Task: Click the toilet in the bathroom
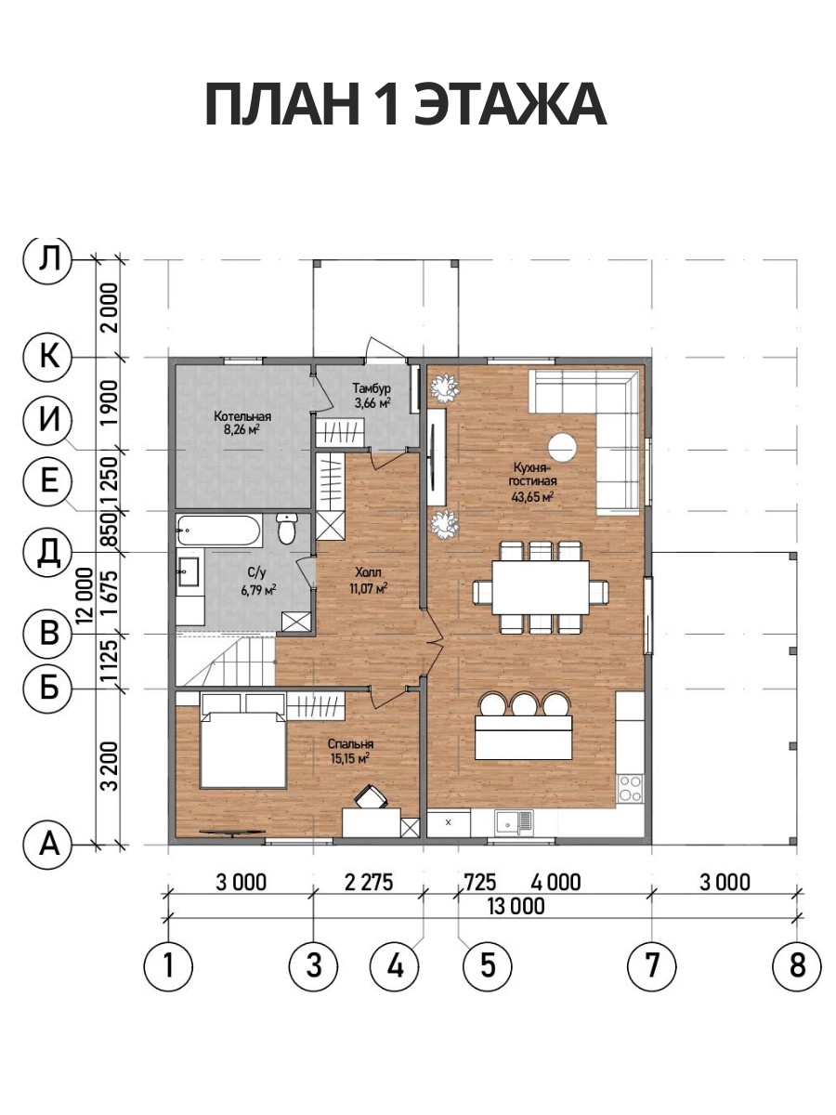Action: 287,529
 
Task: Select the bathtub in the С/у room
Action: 219,531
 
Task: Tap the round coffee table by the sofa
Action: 562,448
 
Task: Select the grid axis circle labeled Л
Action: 48,259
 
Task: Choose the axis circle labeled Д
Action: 48,552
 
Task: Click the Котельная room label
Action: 242,416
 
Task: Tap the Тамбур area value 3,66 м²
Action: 373,404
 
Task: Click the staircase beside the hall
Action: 226,661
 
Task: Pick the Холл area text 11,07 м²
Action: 369,589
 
